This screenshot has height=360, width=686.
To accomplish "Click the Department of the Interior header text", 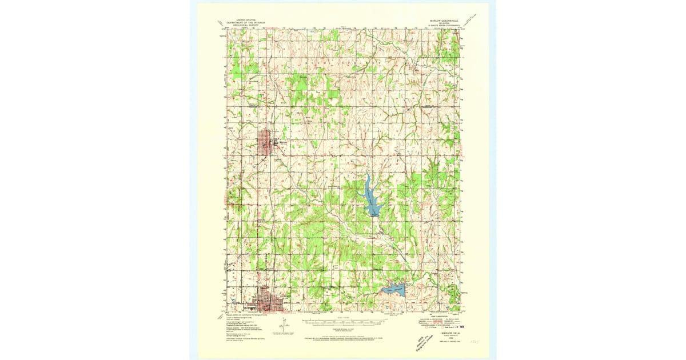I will pos(244,21).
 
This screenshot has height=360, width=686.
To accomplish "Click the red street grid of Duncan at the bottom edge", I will pos(269,301).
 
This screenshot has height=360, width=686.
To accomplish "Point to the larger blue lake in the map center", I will pos(370,197).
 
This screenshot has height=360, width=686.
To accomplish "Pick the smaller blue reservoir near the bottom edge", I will pos(393,291).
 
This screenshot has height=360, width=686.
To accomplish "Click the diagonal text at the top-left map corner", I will pos(222,24).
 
